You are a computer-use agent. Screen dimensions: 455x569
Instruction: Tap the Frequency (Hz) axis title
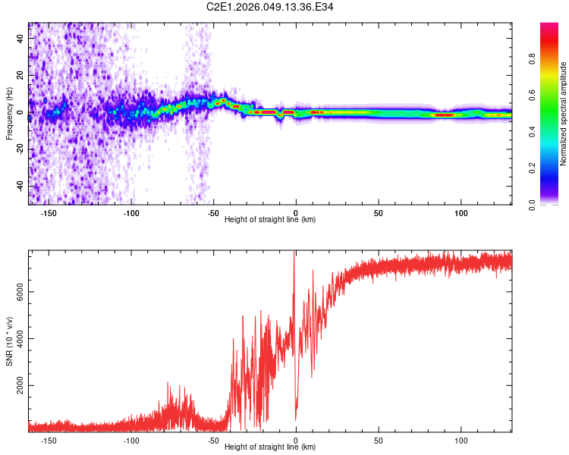[x=9, y=114]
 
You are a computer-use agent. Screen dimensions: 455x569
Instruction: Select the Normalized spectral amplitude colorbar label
[x=563, y=114]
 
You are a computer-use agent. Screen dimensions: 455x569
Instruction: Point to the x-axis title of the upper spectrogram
[x=270, y=220]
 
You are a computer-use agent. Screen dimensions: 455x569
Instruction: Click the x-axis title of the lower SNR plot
[x=270, y=447]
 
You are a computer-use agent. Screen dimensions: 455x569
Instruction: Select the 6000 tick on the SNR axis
[x=20, y=291]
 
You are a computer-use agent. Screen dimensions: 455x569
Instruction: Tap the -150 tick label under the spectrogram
[x=49, y=213]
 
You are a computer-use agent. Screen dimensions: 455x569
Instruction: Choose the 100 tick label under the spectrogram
[x=461, y=213]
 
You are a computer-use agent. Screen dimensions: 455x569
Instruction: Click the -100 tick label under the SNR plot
[x=131, y=440]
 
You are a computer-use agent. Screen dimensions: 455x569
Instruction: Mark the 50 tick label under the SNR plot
[x=378, y=440]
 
